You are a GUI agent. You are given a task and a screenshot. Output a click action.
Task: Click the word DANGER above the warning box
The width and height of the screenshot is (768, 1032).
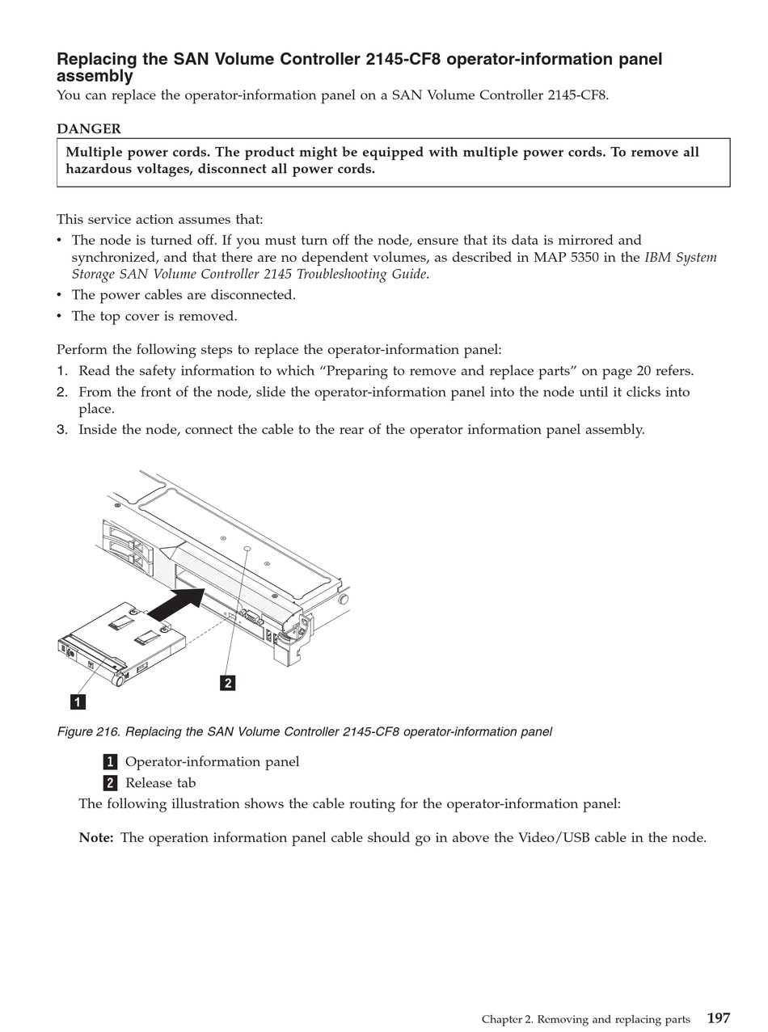tap(89, 128)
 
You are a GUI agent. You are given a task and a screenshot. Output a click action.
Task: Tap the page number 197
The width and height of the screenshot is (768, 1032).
tap(719, 1018)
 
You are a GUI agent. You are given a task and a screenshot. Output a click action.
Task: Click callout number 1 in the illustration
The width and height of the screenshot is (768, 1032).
tap(78, 701)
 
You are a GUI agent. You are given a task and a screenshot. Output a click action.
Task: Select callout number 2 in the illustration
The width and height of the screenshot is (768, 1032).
tap(228, 683)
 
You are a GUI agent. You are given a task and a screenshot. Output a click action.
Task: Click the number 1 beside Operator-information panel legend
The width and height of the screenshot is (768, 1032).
tap(110, 762)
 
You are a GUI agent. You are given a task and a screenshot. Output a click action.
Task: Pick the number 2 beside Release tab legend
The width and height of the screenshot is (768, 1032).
tap(110, 783)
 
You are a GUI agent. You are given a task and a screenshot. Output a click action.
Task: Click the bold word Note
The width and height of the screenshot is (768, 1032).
tap(95, 837)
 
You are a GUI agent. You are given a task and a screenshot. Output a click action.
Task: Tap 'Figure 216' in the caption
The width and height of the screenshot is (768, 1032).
tap(88, 731)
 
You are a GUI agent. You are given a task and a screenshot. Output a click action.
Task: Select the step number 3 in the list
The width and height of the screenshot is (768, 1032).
tap(62, 429)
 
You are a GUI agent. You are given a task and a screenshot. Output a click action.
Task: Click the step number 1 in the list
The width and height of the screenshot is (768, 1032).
tap(62, 371)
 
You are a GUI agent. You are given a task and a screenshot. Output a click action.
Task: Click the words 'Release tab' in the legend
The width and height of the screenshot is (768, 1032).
tap(160, 783)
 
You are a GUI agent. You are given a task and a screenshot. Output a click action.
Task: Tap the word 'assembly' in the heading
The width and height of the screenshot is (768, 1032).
tap(95, 77)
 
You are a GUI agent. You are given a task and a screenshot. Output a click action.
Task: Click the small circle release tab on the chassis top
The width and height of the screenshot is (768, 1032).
tap(247, 548)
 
